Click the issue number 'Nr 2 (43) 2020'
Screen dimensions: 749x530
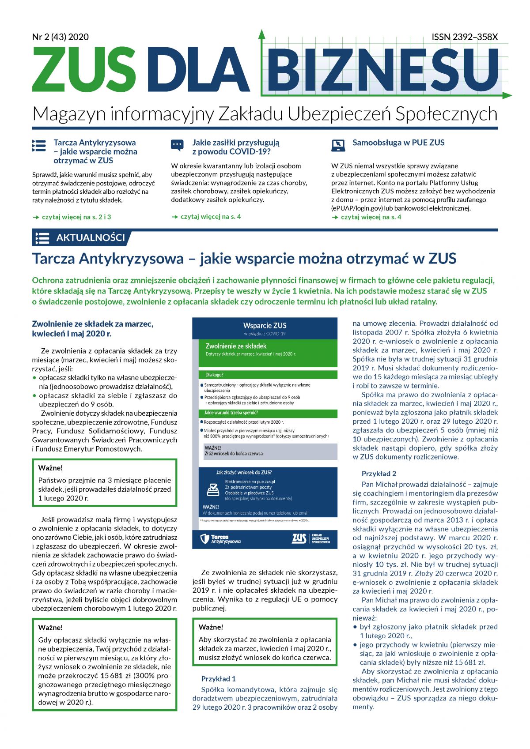coord(61,37)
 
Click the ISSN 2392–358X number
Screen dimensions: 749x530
coord(465,37)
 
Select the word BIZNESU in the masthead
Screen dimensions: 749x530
coord(382,70)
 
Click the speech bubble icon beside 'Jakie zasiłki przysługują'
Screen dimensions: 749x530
coord(177,145)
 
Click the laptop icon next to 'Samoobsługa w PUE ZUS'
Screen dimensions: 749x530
coord(338,145)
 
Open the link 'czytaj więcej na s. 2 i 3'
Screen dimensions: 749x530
coord(76,217)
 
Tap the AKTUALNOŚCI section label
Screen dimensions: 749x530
coord(91,238)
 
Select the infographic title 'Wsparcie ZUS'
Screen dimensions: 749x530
coord(265,325)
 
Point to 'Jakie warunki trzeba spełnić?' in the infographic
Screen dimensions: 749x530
coord(231,413)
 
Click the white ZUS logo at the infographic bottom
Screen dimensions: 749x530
coord(299,538)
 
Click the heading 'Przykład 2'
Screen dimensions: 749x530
coord(379,474)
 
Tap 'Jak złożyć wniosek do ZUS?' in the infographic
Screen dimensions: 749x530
coord(244,472)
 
